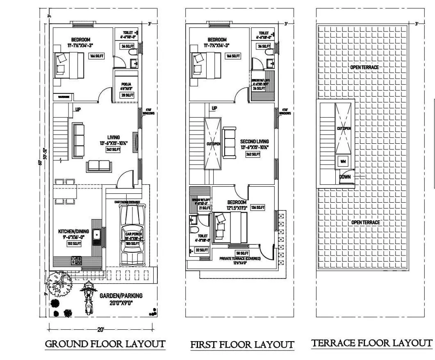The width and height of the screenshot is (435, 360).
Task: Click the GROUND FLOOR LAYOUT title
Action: pos(105,344)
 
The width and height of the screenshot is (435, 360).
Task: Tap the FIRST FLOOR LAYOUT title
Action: pos(242,344)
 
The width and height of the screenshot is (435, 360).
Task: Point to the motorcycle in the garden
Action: pos(87,298)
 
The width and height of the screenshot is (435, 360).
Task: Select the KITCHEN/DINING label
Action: pos(74,231)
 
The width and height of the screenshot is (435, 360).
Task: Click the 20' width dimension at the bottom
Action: pos(101,329)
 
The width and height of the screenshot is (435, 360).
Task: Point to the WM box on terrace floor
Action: pos(343,161)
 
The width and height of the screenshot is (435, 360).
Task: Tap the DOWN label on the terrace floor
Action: pos(345,177)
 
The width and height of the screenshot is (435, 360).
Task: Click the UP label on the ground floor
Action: pos(77,109)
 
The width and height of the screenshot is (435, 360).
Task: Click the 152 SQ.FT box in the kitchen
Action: pos(74,244)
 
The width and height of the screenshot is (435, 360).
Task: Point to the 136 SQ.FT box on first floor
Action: pos(258,208)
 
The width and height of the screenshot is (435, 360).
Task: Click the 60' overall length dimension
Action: pos(40,163)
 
